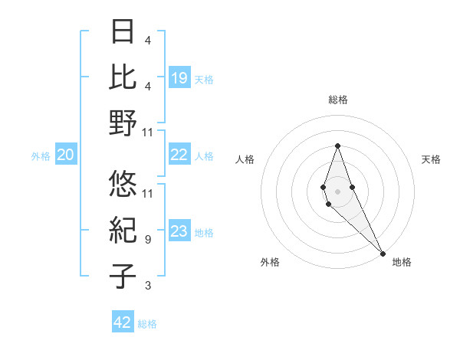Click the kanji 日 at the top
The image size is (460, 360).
123,33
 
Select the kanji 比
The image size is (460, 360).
123,77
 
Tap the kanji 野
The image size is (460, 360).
123,123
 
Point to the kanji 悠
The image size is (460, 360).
123,185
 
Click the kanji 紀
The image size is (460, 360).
123,231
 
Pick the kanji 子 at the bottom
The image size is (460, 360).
123,277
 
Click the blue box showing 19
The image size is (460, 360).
179,77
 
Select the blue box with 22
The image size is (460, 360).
179,155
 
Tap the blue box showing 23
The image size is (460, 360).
179,232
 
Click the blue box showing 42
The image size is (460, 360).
123,322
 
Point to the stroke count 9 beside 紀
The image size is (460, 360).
147,240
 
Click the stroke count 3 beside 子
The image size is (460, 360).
147,286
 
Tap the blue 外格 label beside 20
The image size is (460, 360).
41,156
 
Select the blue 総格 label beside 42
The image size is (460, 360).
147,324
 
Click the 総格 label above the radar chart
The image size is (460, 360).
337,100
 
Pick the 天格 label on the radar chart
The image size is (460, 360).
431,159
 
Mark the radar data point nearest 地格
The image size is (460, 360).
383,253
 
